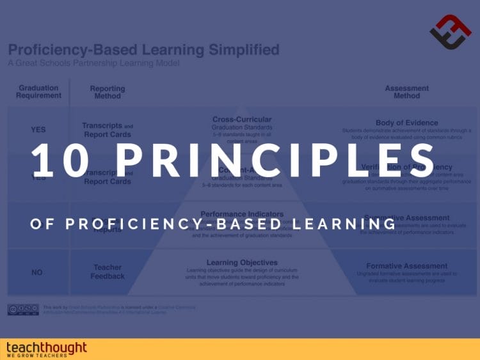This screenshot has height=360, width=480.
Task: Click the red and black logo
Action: [x=450, y=32]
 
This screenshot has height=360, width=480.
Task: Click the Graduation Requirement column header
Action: [x=40, y=91]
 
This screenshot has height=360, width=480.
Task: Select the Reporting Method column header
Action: [x=107, y=92]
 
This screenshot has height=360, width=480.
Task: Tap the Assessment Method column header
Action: [x=406, y=92]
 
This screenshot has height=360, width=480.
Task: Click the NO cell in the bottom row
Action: [x=37, y=272]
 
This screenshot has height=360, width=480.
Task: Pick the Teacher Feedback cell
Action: [x=107, y=272]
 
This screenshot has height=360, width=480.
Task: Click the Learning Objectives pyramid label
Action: [x=241, y=262]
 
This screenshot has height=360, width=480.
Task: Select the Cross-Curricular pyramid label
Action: [x=241, y=119]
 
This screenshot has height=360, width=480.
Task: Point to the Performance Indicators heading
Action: [x=241, y=214]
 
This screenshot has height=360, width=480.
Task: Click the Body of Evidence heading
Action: [x=406, y=123]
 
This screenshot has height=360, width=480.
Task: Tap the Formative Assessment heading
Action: [x=406, y=265]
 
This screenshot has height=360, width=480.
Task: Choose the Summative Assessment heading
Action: [x=406, y=218]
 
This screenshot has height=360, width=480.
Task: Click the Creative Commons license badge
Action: [x=23, y=309]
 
